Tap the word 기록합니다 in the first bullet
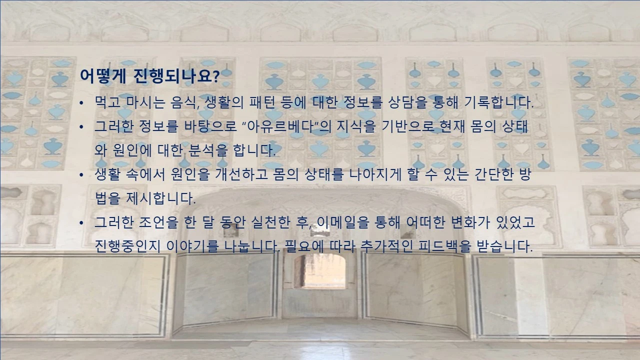(x=500, y=103)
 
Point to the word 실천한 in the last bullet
(x=269, y=222)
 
